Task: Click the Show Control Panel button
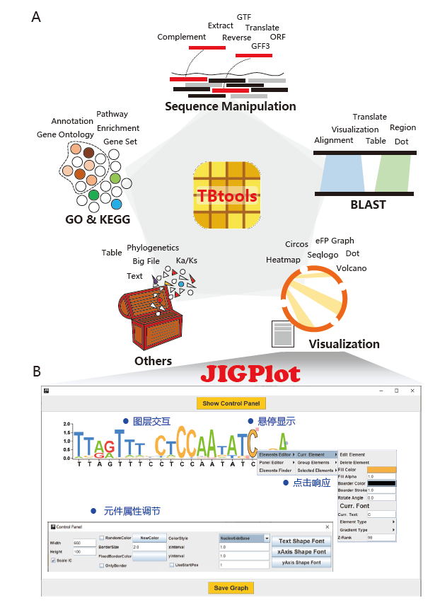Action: point(231,403)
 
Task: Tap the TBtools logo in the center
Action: point(227,194)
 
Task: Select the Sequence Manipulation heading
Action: point(230,107)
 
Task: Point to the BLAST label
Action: point(369,205)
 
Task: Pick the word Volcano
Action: point(351,268)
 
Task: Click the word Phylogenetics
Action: point(153,248)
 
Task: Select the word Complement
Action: point(182,37)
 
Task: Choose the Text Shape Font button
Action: point(302,541)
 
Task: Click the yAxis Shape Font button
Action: point(302,563)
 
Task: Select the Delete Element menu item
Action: point(354,462)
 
